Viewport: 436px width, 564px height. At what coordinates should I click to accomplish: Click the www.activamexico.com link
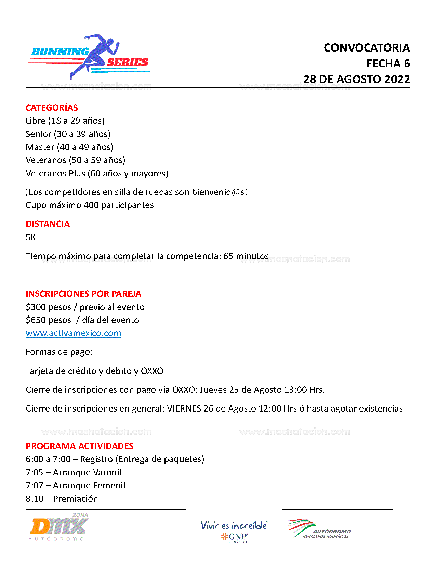click(73, 333)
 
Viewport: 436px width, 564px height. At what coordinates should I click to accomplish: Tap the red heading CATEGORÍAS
click(52, 108)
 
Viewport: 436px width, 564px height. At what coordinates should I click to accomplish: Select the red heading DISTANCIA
click(48, 224)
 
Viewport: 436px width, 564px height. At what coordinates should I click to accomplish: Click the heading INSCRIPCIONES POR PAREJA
click(83, 294)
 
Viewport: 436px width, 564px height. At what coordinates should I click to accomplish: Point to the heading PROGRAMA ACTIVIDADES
click(79, 446)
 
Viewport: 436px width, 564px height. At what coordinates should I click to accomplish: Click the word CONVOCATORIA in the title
click(367, 48)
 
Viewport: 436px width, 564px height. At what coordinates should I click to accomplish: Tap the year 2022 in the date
click(397, 79)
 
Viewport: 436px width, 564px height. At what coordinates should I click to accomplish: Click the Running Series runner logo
click(90, 57)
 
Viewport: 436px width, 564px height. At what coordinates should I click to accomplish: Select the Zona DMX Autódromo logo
click(59, 527)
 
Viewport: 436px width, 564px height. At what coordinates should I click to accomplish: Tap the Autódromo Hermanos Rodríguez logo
click(319, 529)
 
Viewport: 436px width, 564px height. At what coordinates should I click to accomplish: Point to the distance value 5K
click(31, 237)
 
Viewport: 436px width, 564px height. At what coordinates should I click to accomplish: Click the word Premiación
click(75, 499)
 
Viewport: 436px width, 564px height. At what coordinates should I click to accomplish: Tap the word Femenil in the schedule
click(109, 485)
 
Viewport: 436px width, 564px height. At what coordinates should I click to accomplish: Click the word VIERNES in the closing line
click(184, 408)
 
